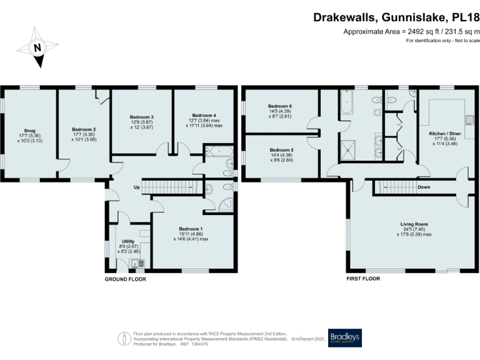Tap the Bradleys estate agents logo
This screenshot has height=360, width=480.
(x=344, y=338)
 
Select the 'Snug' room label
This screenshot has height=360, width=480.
(x=30, y=131)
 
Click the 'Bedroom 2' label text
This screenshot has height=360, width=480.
(x=83, y=129)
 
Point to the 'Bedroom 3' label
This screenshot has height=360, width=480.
(x=142, y=117)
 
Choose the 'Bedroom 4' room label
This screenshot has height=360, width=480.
(x=204, y=116)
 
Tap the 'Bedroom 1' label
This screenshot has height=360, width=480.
(x=191, y=229)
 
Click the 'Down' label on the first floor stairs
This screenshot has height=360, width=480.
(x=422, y=186)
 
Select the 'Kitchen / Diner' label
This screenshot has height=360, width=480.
(x=444, y=134)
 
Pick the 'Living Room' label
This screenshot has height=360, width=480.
(x=414, y=223)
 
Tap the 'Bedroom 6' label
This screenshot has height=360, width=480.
(x=281, y=106)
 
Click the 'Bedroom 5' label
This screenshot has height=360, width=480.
(x=281, y=150)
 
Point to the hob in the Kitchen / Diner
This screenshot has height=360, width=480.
(x=468, y=119)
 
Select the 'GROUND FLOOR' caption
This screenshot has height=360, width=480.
(x=125, y=279)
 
